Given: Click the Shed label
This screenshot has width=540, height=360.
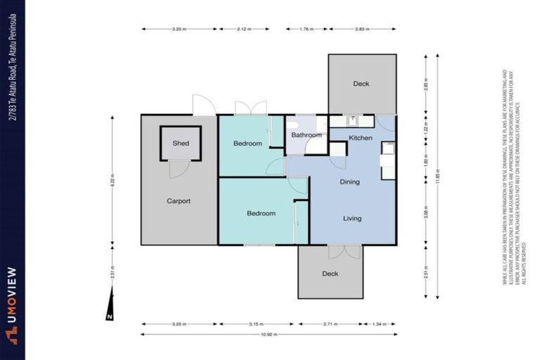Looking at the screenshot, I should tap(181, 143).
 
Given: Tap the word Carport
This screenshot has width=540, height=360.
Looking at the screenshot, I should tap(179, 201).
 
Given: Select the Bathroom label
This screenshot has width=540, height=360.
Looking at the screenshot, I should tap(307, 135).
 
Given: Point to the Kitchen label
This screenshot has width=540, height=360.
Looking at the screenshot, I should tap(361, 138).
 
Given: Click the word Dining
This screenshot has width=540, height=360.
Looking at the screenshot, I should tap(349, 182).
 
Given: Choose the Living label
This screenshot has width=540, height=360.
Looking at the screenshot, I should tap(352, 219).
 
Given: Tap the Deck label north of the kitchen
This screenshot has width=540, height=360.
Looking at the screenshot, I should tap(361, 84).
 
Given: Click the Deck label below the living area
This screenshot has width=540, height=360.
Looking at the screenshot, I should tap(330, 274).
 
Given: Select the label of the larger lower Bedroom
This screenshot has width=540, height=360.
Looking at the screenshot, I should tap(261, 214).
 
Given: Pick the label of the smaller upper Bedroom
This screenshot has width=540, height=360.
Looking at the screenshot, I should tap(247, 143).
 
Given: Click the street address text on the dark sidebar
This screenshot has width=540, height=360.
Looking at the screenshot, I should tap(12, 60).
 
